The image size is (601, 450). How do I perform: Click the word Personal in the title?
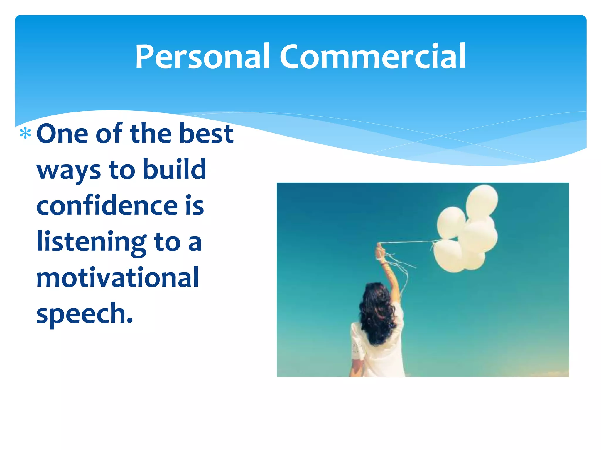point(202,57)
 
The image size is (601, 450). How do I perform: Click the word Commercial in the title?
point(372,57)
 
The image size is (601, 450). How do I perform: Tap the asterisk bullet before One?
point(25,134)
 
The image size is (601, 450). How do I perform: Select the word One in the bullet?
point(62,134)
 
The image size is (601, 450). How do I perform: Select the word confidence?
point(107,206)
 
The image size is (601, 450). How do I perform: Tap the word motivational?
point(118,278)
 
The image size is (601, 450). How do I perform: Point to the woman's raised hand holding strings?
point(381,252)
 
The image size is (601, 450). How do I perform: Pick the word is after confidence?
point(195,206)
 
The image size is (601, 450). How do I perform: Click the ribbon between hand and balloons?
point(408,242)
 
